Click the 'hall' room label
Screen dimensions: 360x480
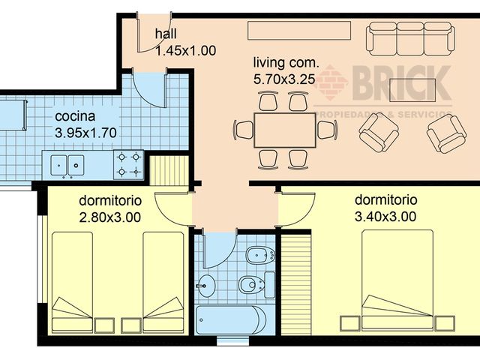click(166, 34)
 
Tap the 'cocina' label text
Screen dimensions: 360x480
click(75, 117)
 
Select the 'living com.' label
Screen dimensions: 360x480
click(286, 62)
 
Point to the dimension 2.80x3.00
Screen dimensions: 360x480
click(109, 217)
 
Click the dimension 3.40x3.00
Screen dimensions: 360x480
click(385, 217)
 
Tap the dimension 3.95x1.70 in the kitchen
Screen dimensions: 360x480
click(85, 132)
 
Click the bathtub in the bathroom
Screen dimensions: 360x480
click(229, 320)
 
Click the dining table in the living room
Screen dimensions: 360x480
click(284, 130)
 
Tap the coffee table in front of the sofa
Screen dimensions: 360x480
click(412, 85)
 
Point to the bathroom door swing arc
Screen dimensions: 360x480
click(220, 251)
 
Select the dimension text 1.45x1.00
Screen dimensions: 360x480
click(185, 51)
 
